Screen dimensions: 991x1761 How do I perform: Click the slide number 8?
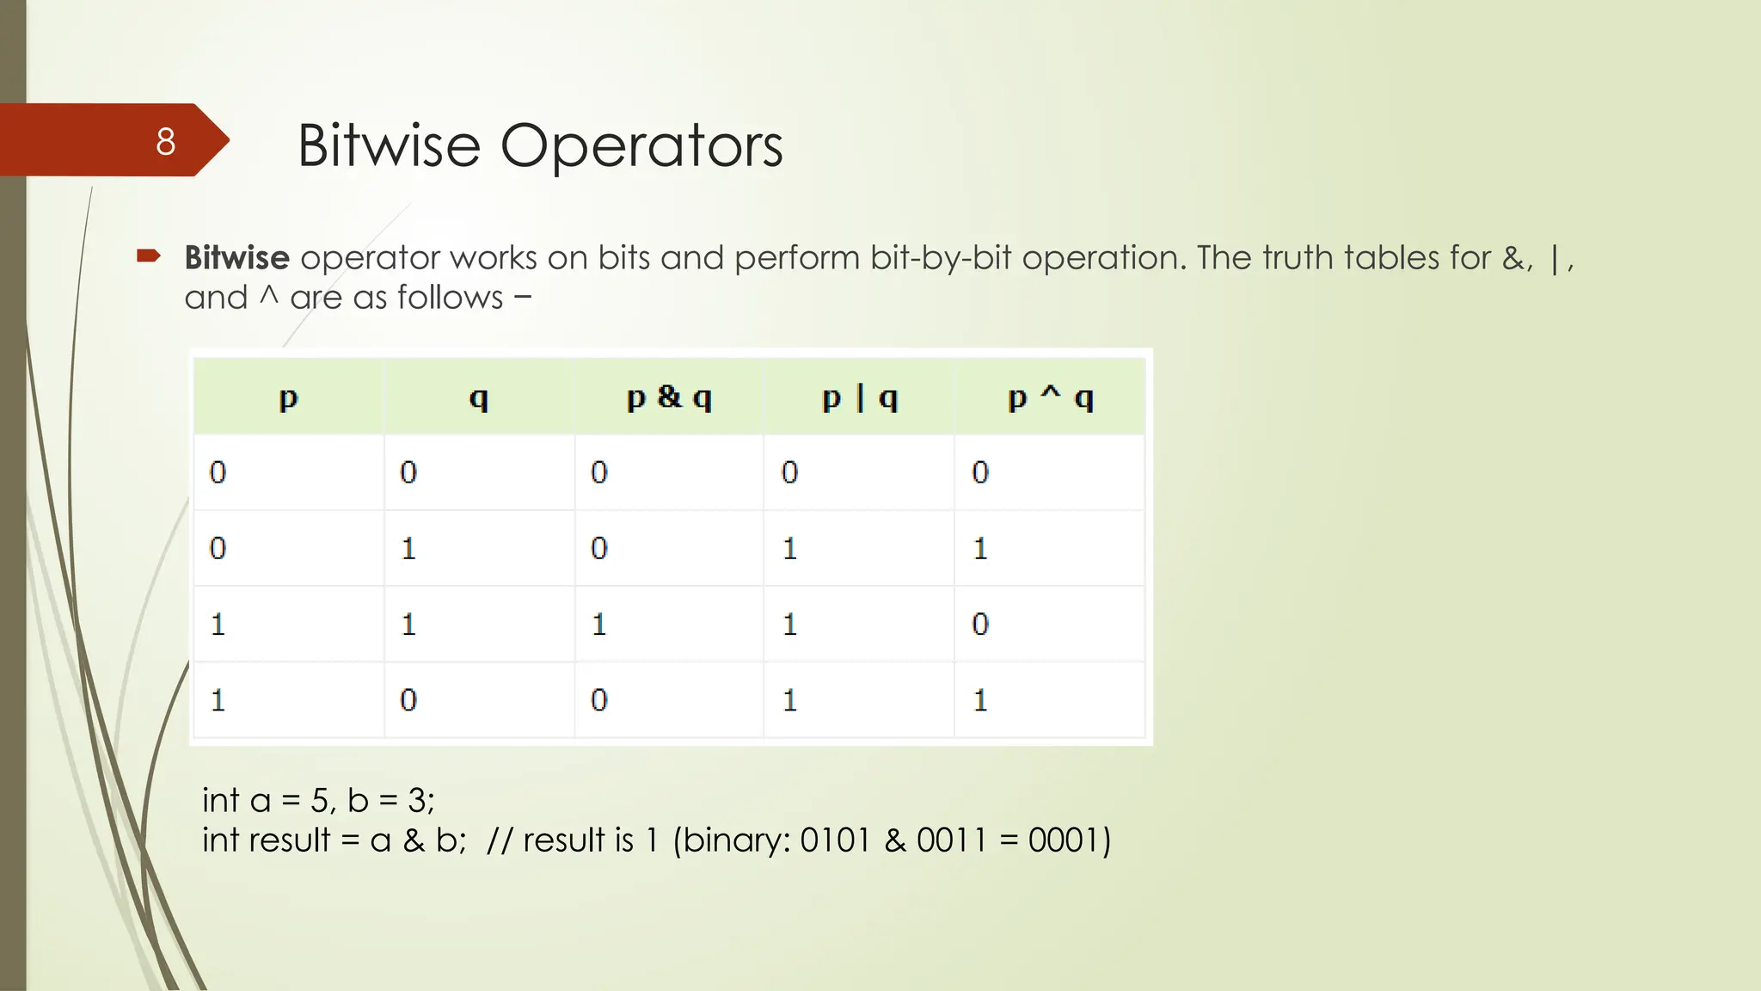coord(165,142)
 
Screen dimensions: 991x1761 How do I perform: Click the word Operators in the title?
coord(641,145)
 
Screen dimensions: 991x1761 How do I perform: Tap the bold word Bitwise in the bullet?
coord(236,258)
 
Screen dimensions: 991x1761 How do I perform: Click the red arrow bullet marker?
coord(149,255)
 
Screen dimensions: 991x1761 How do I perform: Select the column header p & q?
coord(669,397)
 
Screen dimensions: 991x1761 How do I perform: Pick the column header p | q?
coord(859,397)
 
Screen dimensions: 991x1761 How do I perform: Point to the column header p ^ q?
coord(1050,397)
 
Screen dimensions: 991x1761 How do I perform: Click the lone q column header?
coord(479,397)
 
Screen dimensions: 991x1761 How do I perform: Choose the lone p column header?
coord(288,397)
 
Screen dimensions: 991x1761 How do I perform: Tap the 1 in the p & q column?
coord(599,624)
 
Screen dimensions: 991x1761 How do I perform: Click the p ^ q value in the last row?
coord(980,700)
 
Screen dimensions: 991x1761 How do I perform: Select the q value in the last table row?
coord(408,700)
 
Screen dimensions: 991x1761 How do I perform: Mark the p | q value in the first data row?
coord(789,472)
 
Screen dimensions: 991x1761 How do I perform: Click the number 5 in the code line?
coord(319,801)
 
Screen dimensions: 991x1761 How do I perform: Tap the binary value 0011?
coord(951,840)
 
